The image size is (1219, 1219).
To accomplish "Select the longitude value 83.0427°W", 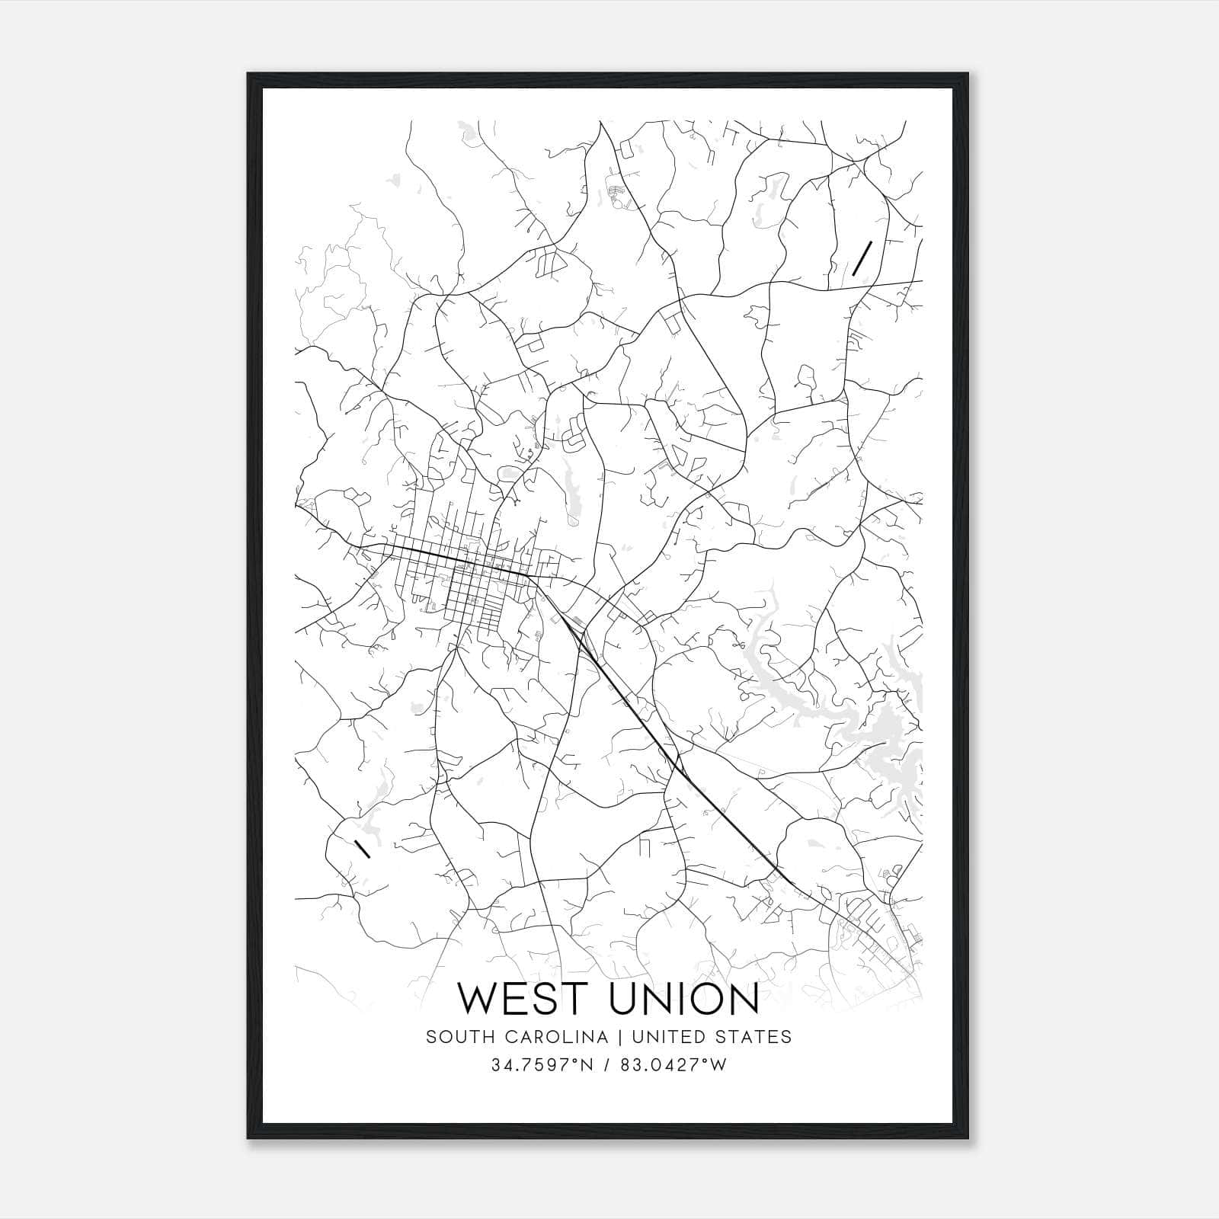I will [x=673, y=1065].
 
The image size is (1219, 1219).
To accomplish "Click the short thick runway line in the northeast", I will [x=862, y=258].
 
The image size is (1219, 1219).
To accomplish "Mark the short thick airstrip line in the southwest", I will [x=363, y=848].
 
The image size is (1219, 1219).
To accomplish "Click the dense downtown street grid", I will [x=465, y=579].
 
